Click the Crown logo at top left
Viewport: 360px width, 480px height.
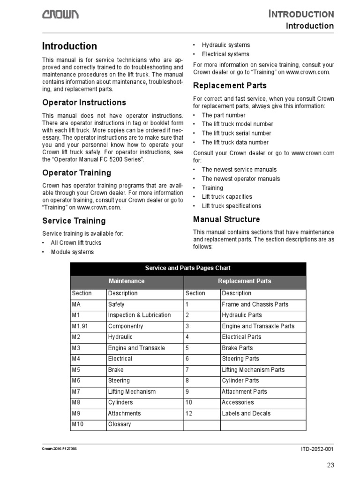[x=60, y=15]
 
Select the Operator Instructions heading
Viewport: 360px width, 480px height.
[x=84, y=102]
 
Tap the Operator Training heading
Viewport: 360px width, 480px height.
[x=76, y=172]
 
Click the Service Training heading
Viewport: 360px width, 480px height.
[x=74, y=221]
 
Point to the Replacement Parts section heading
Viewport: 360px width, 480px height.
[x=230, y=85]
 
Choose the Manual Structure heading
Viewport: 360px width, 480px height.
[x=226, y=219]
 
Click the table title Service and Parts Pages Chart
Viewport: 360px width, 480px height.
[x=187, y=268]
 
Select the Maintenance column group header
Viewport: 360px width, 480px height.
[x=127, y=281]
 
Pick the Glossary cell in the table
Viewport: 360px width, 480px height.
[x=120, y=424]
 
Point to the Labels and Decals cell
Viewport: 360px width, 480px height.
[x=246, y=413]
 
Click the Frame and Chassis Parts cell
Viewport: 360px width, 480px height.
[x=255, y=304]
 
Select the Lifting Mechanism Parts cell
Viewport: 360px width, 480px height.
[x=253, y=370]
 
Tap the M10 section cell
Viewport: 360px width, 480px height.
[x=78, y=424]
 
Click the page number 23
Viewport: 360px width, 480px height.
[x=330, y=465]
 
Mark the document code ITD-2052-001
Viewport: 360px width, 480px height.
[x=317, y=449]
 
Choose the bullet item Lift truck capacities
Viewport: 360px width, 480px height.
[x=226, y=197]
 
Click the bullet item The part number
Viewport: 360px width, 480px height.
[x=223, y=115]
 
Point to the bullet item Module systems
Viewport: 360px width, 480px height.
[x=72, y=252]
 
